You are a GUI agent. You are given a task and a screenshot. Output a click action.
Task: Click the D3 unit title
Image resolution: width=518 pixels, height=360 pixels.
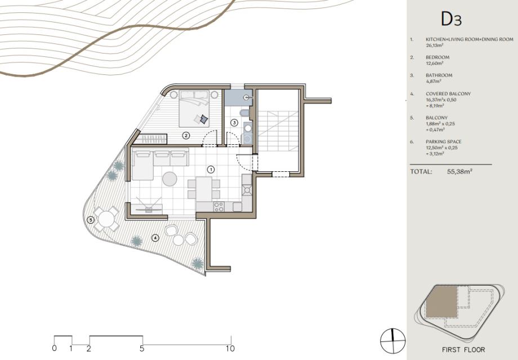click(x=451, y=19)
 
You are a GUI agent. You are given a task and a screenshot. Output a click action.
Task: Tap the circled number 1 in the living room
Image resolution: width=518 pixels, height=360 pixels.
click(x=211, y=170)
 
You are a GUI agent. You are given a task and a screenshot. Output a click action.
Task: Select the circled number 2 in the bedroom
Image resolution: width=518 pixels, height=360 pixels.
click(x=186, y=135)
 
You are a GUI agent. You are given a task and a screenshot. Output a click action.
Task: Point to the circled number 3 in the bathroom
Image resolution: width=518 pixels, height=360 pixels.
click(x=234, y=123)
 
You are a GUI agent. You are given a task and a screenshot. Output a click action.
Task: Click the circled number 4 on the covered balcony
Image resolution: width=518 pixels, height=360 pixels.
click(x=155, y=237)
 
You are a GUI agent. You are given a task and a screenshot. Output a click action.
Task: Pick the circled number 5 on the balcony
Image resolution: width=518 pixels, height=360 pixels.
click(x=91, y=220)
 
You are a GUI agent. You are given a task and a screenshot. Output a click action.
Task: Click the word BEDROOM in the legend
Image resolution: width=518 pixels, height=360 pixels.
click(x=437, y=57)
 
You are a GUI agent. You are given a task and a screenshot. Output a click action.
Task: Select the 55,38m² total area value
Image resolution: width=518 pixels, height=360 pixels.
click(x=459, y=172)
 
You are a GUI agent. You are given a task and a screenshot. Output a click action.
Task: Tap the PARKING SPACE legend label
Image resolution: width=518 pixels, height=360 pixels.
click(x=443, y=141)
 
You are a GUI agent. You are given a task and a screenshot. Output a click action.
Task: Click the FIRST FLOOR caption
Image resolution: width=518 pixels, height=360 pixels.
click(x=463, y=349)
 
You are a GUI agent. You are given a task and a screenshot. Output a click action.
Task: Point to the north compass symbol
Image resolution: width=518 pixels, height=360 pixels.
click(x=392, y=341)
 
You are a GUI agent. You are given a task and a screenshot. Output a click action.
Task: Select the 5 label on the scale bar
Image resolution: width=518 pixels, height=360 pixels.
click(x=142, y=348)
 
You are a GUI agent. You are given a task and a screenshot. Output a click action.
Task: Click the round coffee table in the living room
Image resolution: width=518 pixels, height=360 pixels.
click(x=169, y=179)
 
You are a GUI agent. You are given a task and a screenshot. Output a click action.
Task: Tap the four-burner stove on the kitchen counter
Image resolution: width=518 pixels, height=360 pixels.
click(x=218, y=207)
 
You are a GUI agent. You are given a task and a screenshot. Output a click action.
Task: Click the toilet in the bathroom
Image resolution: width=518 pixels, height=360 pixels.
click(x=244, y=113)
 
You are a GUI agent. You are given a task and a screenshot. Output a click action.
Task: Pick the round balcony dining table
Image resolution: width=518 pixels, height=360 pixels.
click(x=106, y=219)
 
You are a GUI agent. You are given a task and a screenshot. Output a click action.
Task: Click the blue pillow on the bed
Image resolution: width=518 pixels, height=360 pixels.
click(x=204, y=118)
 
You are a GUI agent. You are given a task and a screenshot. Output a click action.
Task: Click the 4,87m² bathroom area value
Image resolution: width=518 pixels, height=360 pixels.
click(x=434, y=81)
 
